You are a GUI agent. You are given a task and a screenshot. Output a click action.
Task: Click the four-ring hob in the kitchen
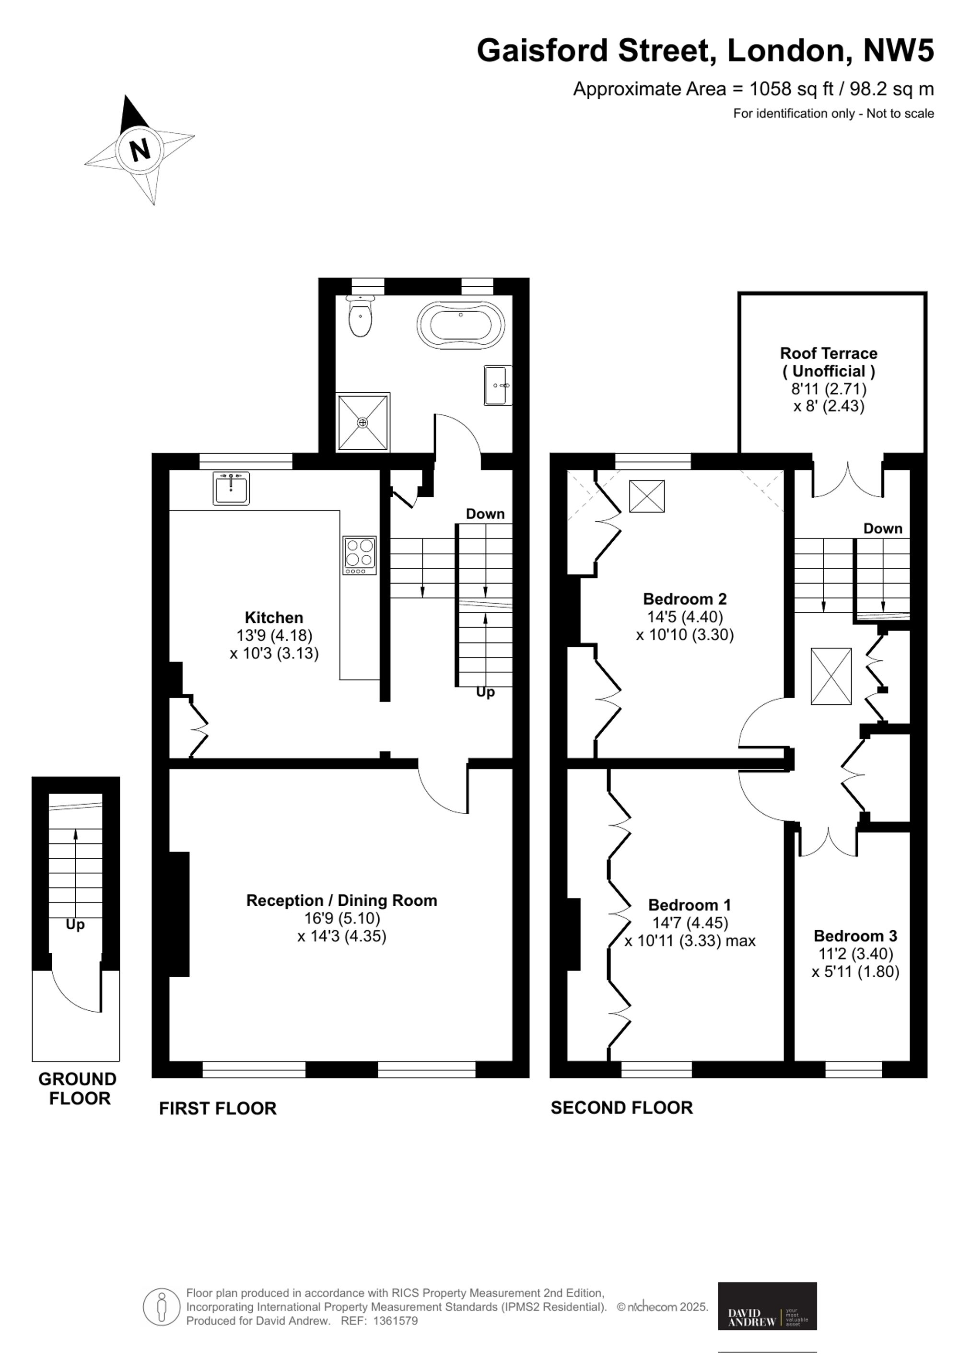[x=360, y=555]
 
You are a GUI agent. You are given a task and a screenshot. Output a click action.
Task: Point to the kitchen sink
[x=232, y=488]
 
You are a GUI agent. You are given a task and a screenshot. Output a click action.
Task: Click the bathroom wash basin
[x=498, y=385]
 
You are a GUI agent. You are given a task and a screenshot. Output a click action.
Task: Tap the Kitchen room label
[x=274, y=618]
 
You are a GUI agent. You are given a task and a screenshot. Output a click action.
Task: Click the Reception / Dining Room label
[x=342, y=900]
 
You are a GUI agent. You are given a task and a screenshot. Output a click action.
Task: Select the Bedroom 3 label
[x=855, y=936]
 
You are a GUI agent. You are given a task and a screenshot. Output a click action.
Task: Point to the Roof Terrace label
[x=829, y=362]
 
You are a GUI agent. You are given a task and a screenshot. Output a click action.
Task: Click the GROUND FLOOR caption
[x=77, y=1089]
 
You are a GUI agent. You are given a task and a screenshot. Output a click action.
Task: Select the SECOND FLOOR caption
[x=622, y=1107]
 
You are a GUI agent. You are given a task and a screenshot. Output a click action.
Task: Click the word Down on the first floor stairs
[x=485, y=514]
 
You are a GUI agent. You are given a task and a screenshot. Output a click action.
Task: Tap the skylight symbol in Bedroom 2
[x=647, y=496]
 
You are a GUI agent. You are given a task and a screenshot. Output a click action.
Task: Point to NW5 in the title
[x=899, y=50]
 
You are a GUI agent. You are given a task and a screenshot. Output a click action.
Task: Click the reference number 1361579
[x=396, y=1321]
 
